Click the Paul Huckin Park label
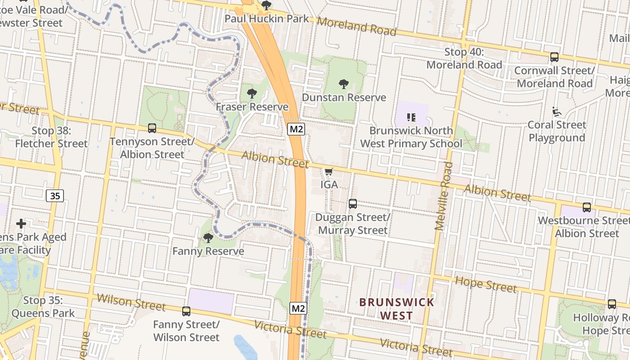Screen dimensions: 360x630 point(266,18)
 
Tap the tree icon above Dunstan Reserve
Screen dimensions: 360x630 point(344,84)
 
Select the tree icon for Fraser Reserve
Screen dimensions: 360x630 point(252,94)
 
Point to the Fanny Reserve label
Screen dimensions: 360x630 point(208,251)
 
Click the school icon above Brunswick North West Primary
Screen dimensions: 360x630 point(411,117)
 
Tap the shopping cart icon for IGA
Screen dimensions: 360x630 point(328,171)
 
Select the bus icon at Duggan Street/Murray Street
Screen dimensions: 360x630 point(353,204)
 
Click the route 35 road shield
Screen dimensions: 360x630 point(54,196)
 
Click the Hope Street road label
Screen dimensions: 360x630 point(486,284)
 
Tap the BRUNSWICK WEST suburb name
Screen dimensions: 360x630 point(396,309)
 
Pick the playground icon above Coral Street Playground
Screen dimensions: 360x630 point(557,111)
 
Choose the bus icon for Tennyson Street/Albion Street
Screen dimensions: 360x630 point(152,128)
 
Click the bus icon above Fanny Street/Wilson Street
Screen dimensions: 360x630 point(186,311)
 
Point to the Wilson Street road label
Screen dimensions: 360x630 point(131,302)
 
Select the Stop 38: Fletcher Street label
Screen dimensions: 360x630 point(51,137)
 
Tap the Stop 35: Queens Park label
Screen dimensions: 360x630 point(43,306)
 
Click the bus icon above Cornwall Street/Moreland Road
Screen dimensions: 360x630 point(554,57)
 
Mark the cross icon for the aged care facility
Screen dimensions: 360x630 point(21,224)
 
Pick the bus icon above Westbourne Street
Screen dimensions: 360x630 point(587,207)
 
